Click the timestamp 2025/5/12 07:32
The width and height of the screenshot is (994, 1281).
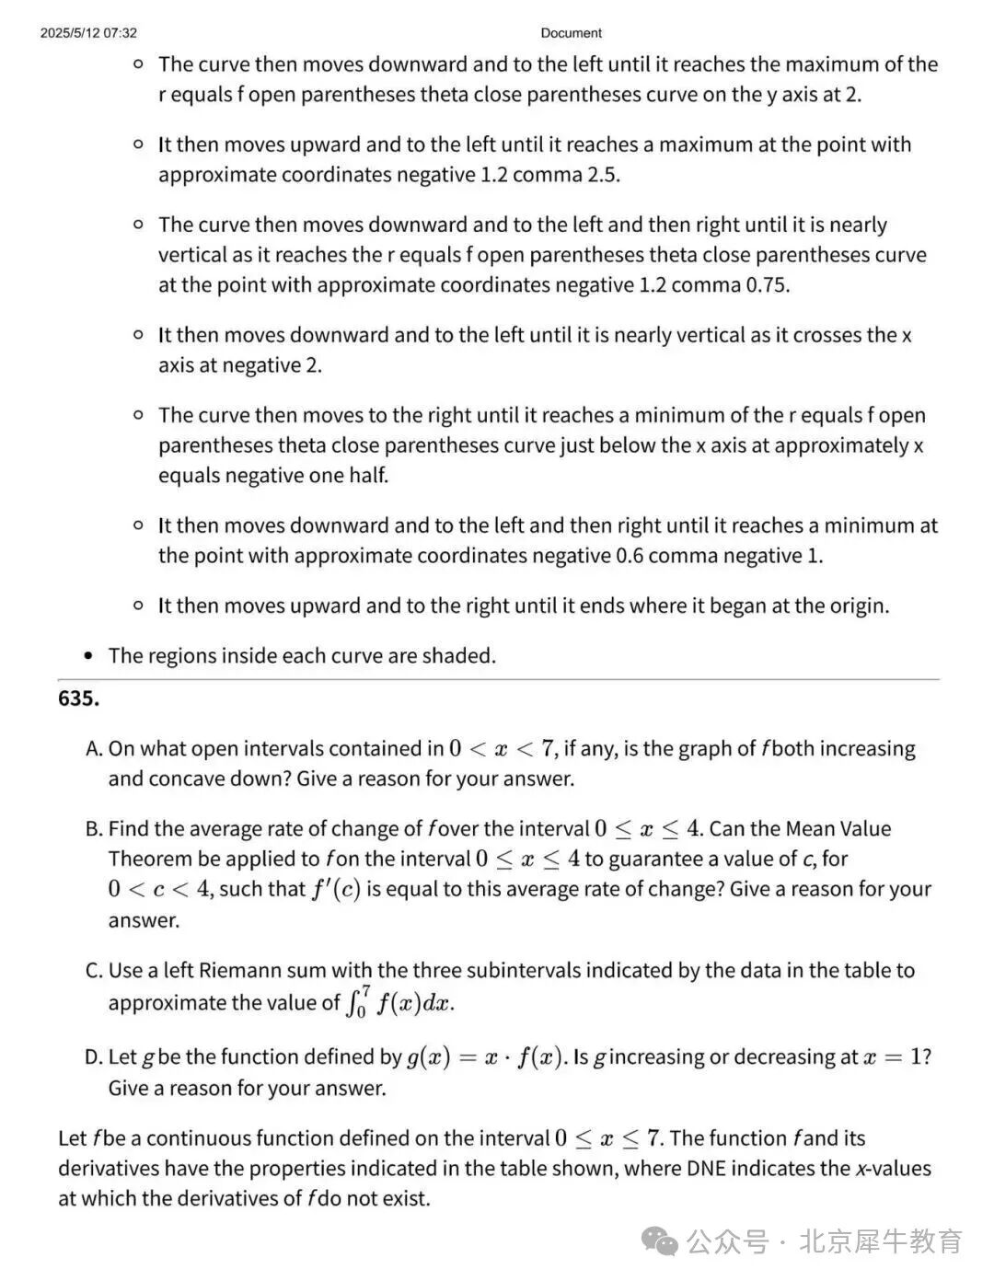coord(88,33)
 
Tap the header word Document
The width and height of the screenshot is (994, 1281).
coord(571,33)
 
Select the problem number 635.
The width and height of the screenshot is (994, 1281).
coord(78,698)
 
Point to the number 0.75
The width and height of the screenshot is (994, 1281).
coord(766,285)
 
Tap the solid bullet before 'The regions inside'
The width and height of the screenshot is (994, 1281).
coord(88,656)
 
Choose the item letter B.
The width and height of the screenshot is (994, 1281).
coord(93,829)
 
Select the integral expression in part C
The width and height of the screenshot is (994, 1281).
coord(400,1001)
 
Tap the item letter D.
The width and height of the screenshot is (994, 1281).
coord(93,1057)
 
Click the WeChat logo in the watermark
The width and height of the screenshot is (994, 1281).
coord(661,1241)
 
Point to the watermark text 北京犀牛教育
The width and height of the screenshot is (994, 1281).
coord(881,1241)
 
